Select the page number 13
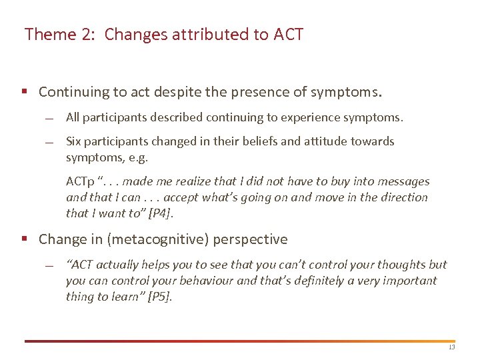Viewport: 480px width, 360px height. click(x=451, y=347)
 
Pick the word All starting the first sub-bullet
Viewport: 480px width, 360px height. click(x=73, y=117)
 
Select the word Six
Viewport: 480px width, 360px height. click(x=75, y=141)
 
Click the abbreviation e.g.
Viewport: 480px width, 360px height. click(x=139, y=157)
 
